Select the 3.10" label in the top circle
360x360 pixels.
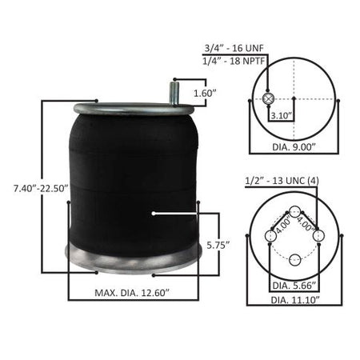coord(281,115)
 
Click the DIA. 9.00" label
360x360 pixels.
coord(294,146)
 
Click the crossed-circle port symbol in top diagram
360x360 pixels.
coord(269,98)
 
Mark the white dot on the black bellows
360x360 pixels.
coord(154,214)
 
